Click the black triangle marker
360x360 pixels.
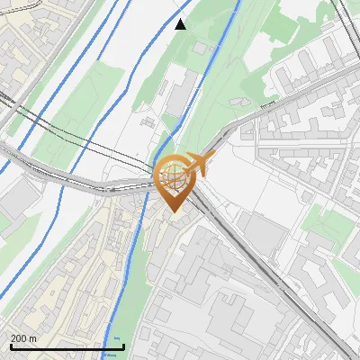pyautogui.click(x=181, y=24)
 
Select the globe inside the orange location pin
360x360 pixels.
pyautogui.click(x=175, y=175)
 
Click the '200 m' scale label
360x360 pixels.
pyautogui.click(x=23, y=337)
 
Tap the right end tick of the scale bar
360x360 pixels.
pyautogui.click(x=123, y=344)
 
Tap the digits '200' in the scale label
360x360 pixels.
pyautogui.click(x=19, y=337)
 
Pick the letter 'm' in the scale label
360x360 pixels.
pyautogui.click(x=32, y=337)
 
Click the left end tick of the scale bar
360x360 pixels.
pyautogui.click(x=10, y=344)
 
